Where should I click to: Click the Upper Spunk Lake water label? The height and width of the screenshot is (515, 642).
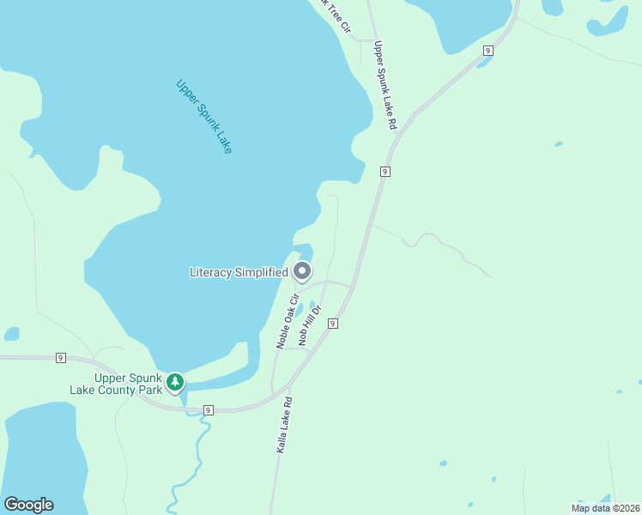pyautogui.click(x=203, y=117)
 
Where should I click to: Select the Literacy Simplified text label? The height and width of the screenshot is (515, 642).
pyautogui.click(x=239, y=272)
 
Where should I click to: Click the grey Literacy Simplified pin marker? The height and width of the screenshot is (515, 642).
pyautogui.click(x=302, y=271)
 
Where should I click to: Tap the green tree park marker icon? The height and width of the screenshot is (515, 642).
pyautogui.click(x=175, y=380)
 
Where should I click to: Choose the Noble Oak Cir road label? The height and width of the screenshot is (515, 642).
pyautogui.click(x=287, y=321)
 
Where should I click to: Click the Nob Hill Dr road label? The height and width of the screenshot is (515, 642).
pyautogui.click(x=309, y=324)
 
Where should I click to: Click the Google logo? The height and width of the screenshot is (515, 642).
pyautogui.click(x=28, y=505)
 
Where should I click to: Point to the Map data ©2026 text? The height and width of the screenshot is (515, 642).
pyautogui.click(x=604, y=507)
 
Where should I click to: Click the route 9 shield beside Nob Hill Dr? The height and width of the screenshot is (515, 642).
pyautogui.click(x=332, y=323)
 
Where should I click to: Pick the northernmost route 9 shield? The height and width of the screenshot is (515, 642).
pyautogui.click(x=488, y=51)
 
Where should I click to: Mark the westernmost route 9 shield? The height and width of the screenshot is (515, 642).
pyautogui.click(x=61, y=357)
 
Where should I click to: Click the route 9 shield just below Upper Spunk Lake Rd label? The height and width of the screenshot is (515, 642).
pyautogui.click(x=385, y=172)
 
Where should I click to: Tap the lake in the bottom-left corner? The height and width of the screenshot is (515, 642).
pyautogui.click(x=43, y=455)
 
